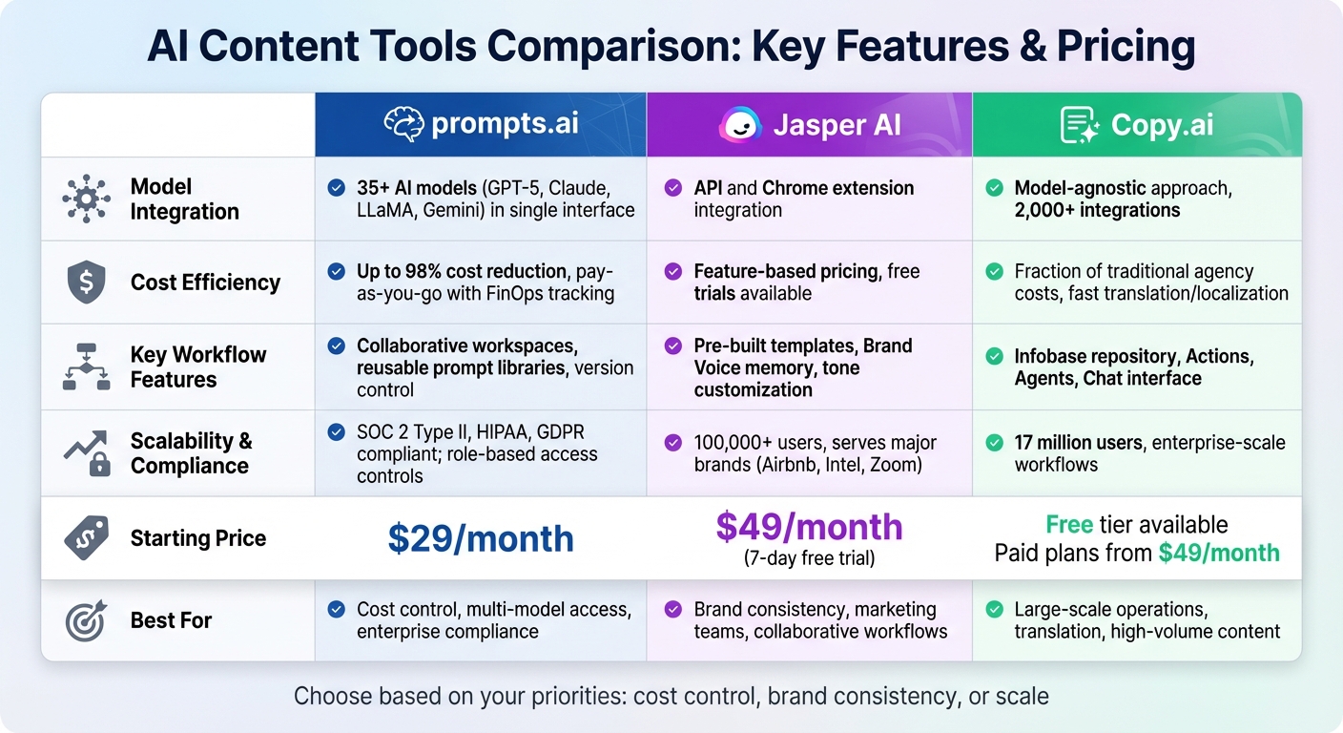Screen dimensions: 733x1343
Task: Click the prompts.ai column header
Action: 481,125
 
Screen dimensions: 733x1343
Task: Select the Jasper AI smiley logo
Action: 741,125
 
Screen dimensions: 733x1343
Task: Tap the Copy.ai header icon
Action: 1080,126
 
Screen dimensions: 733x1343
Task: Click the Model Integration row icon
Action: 86,199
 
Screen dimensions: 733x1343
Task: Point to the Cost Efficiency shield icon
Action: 86,283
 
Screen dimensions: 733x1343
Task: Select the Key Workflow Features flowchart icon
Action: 86,367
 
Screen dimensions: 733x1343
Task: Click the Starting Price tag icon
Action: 86,538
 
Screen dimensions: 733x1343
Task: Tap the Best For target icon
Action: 86,621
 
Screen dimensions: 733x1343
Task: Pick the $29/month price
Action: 481,538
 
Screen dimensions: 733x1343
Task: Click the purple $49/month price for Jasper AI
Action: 809,527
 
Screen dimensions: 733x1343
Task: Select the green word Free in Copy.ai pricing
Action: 1069,525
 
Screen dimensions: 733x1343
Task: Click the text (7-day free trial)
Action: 809,558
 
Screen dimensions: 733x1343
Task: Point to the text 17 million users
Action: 1078,443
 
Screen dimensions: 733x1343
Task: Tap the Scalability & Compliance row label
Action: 191,453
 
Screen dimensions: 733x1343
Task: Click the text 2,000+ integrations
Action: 1097,211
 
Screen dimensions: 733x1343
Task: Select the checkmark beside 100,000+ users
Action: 673,443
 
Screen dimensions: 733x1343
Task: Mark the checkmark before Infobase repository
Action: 995,357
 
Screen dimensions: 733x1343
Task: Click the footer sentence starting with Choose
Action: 671,696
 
